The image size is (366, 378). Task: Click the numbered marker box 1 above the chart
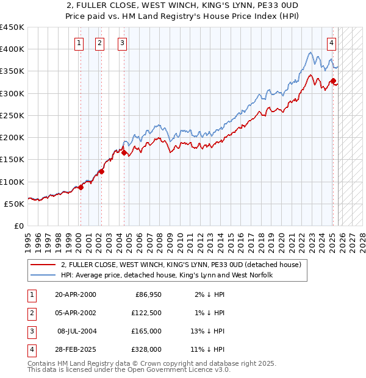[80, 43]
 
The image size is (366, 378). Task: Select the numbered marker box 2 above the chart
[99, 43]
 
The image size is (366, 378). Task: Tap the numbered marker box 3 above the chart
[123, 43]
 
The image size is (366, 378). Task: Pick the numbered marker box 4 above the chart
[331, 43]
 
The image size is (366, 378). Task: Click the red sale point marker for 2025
[333, 81]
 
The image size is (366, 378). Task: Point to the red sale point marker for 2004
[124, 153]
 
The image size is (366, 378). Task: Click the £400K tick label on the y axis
[12, 49]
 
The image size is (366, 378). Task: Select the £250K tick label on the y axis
[12, 115]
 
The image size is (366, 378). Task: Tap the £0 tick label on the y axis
[18, 226]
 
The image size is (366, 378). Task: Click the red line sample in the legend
[44, 265]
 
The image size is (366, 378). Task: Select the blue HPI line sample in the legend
[44, 276]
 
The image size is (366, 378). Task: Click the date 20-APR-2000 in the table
[75, 294]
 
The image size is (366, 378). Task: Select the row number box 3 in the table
[30, 331]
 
